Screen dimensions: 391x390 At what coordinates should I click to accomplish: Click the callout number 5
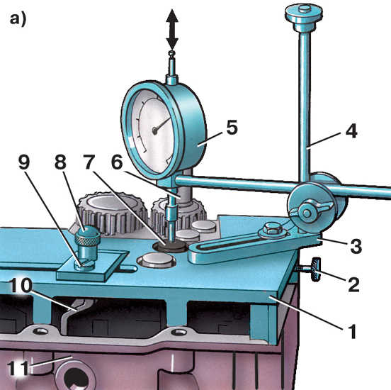[232, 128]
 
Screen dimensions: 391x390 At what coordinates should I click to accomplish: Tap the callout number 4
[351, 131]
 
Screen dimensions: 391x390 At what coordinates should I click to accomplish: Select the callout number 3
[356, 245]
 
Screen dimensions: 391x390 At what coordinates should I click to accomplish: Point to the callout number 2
[353, 284]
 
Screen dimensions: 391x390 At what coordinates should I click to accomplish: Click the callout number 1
[352, 331]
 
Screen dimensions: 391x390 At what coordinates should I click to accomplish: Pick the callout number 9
[24, 162]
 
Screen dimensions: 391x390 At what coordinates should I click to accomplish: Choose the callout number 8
[60, 162]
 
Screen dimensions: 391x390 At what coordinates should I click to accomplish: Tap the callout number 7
[89, 162]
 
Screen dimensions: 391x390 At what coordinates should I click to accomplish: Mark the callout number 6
[117, 162]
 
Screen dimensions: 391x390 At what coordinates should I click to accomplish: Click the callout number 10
[21, 285]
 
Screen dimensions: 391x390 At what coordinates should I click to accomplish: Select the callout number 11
[18, 367]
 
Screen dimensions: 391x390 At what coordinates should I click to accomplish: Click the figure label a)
[18, 19]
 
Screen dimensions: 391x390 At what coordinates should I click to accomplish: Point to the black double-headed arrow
[172, 30]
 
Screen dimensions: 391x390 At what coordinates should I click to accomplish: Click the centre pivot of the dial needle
[155, 130]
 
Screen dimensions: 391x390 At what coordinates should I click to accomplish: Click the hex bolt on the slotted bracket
[272, 229]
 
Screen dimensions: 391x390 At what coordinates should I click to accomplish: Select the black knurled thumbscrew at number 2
[314, 270]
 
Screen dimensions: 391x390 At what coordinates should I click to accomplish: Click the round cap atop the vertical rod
[304, 14]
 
